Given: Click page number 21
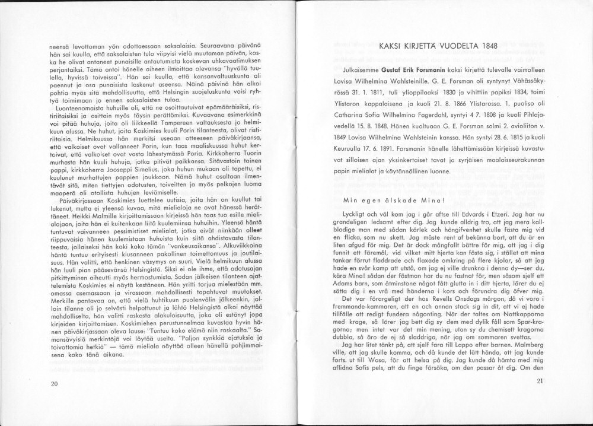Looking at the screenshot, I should point(539,381).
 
